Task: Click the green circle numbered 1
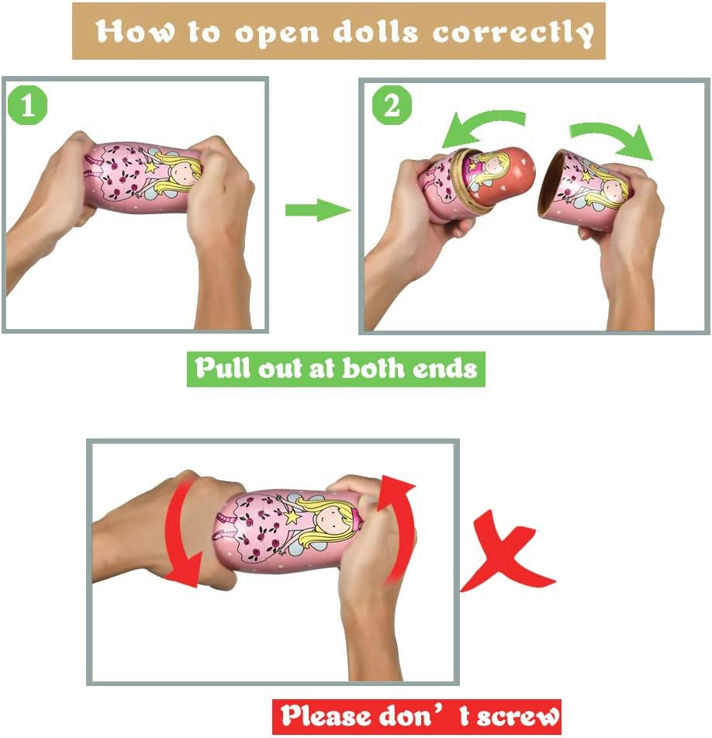pos(28,105)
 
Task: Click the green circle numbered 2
pos(392,105)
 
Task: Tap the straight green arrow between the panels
pos(318,210)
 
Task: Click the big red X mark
pos(507,552)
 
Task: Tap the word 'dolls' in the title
pos(375,32)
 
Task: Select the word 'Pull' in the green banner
pos(223,368)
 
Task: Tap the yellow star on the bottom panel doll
pos(292,516)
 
